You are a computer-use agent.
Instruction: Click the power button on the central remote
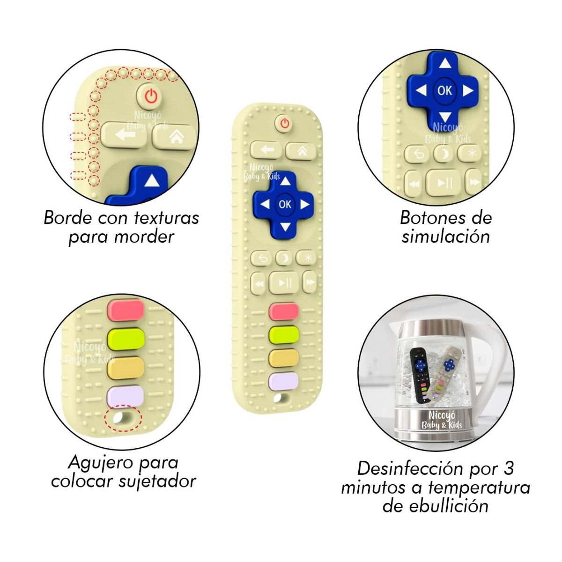[285, 124]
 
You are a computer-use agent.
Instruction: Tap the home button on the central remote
[303, 150]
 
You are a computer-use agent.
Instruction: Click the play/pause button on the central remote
[285, 282]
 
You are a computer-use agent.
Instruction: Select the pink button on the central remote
[284, 311]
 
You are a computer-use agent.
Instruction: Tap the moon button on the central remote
[283, 258]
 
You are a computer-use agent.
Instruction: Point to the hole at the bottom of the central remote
[280, 399]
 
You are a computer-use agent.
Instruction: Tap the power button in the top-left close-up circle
[150, 96]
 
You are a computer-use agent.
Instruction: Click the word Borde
[68, 218]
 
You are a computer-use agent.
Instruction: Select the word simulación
[445, 237]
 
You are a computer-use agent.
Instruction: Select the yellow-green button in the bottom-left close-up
[126, 339]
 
